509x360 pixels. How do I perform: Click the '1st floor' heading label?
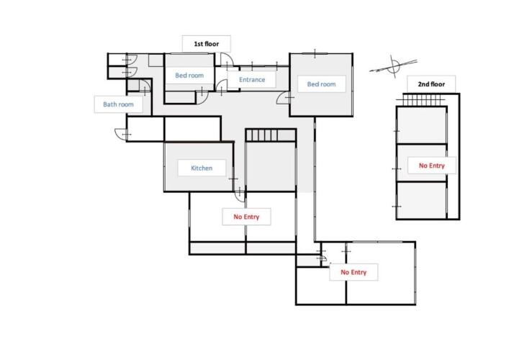[207, 44]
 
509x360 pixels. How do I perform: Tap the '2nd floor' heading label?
[431, 84]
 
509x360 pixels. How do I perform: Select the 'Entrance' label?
[252, 79]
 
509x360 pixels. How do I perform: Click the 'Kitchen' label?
[202, 168]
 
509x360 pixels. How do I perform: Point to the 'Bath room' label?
[118, 104]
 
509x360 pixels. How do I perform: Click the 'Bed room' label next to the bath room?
[189, 76]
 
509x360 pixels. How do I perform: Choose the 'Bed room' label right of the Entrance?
[321, 84]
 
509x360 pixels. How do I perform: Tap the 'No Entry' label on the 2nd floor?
[432, 166]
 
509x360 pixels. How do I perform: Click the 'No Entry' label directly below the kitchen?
[246, 217]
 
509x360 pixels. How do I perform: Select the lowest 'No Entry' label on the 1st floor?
[353, 272]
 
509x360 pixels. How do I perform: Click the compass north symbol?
[394, 66]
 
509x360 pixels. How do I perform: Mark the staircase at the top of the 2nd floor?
[422, 99]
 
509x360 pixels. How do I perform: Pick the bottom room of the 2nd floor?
[421, 200]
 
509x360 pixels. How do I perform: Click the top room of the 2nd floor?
[421, 125]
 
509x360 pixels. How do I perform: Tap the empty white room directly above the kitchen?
[192, 129]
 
